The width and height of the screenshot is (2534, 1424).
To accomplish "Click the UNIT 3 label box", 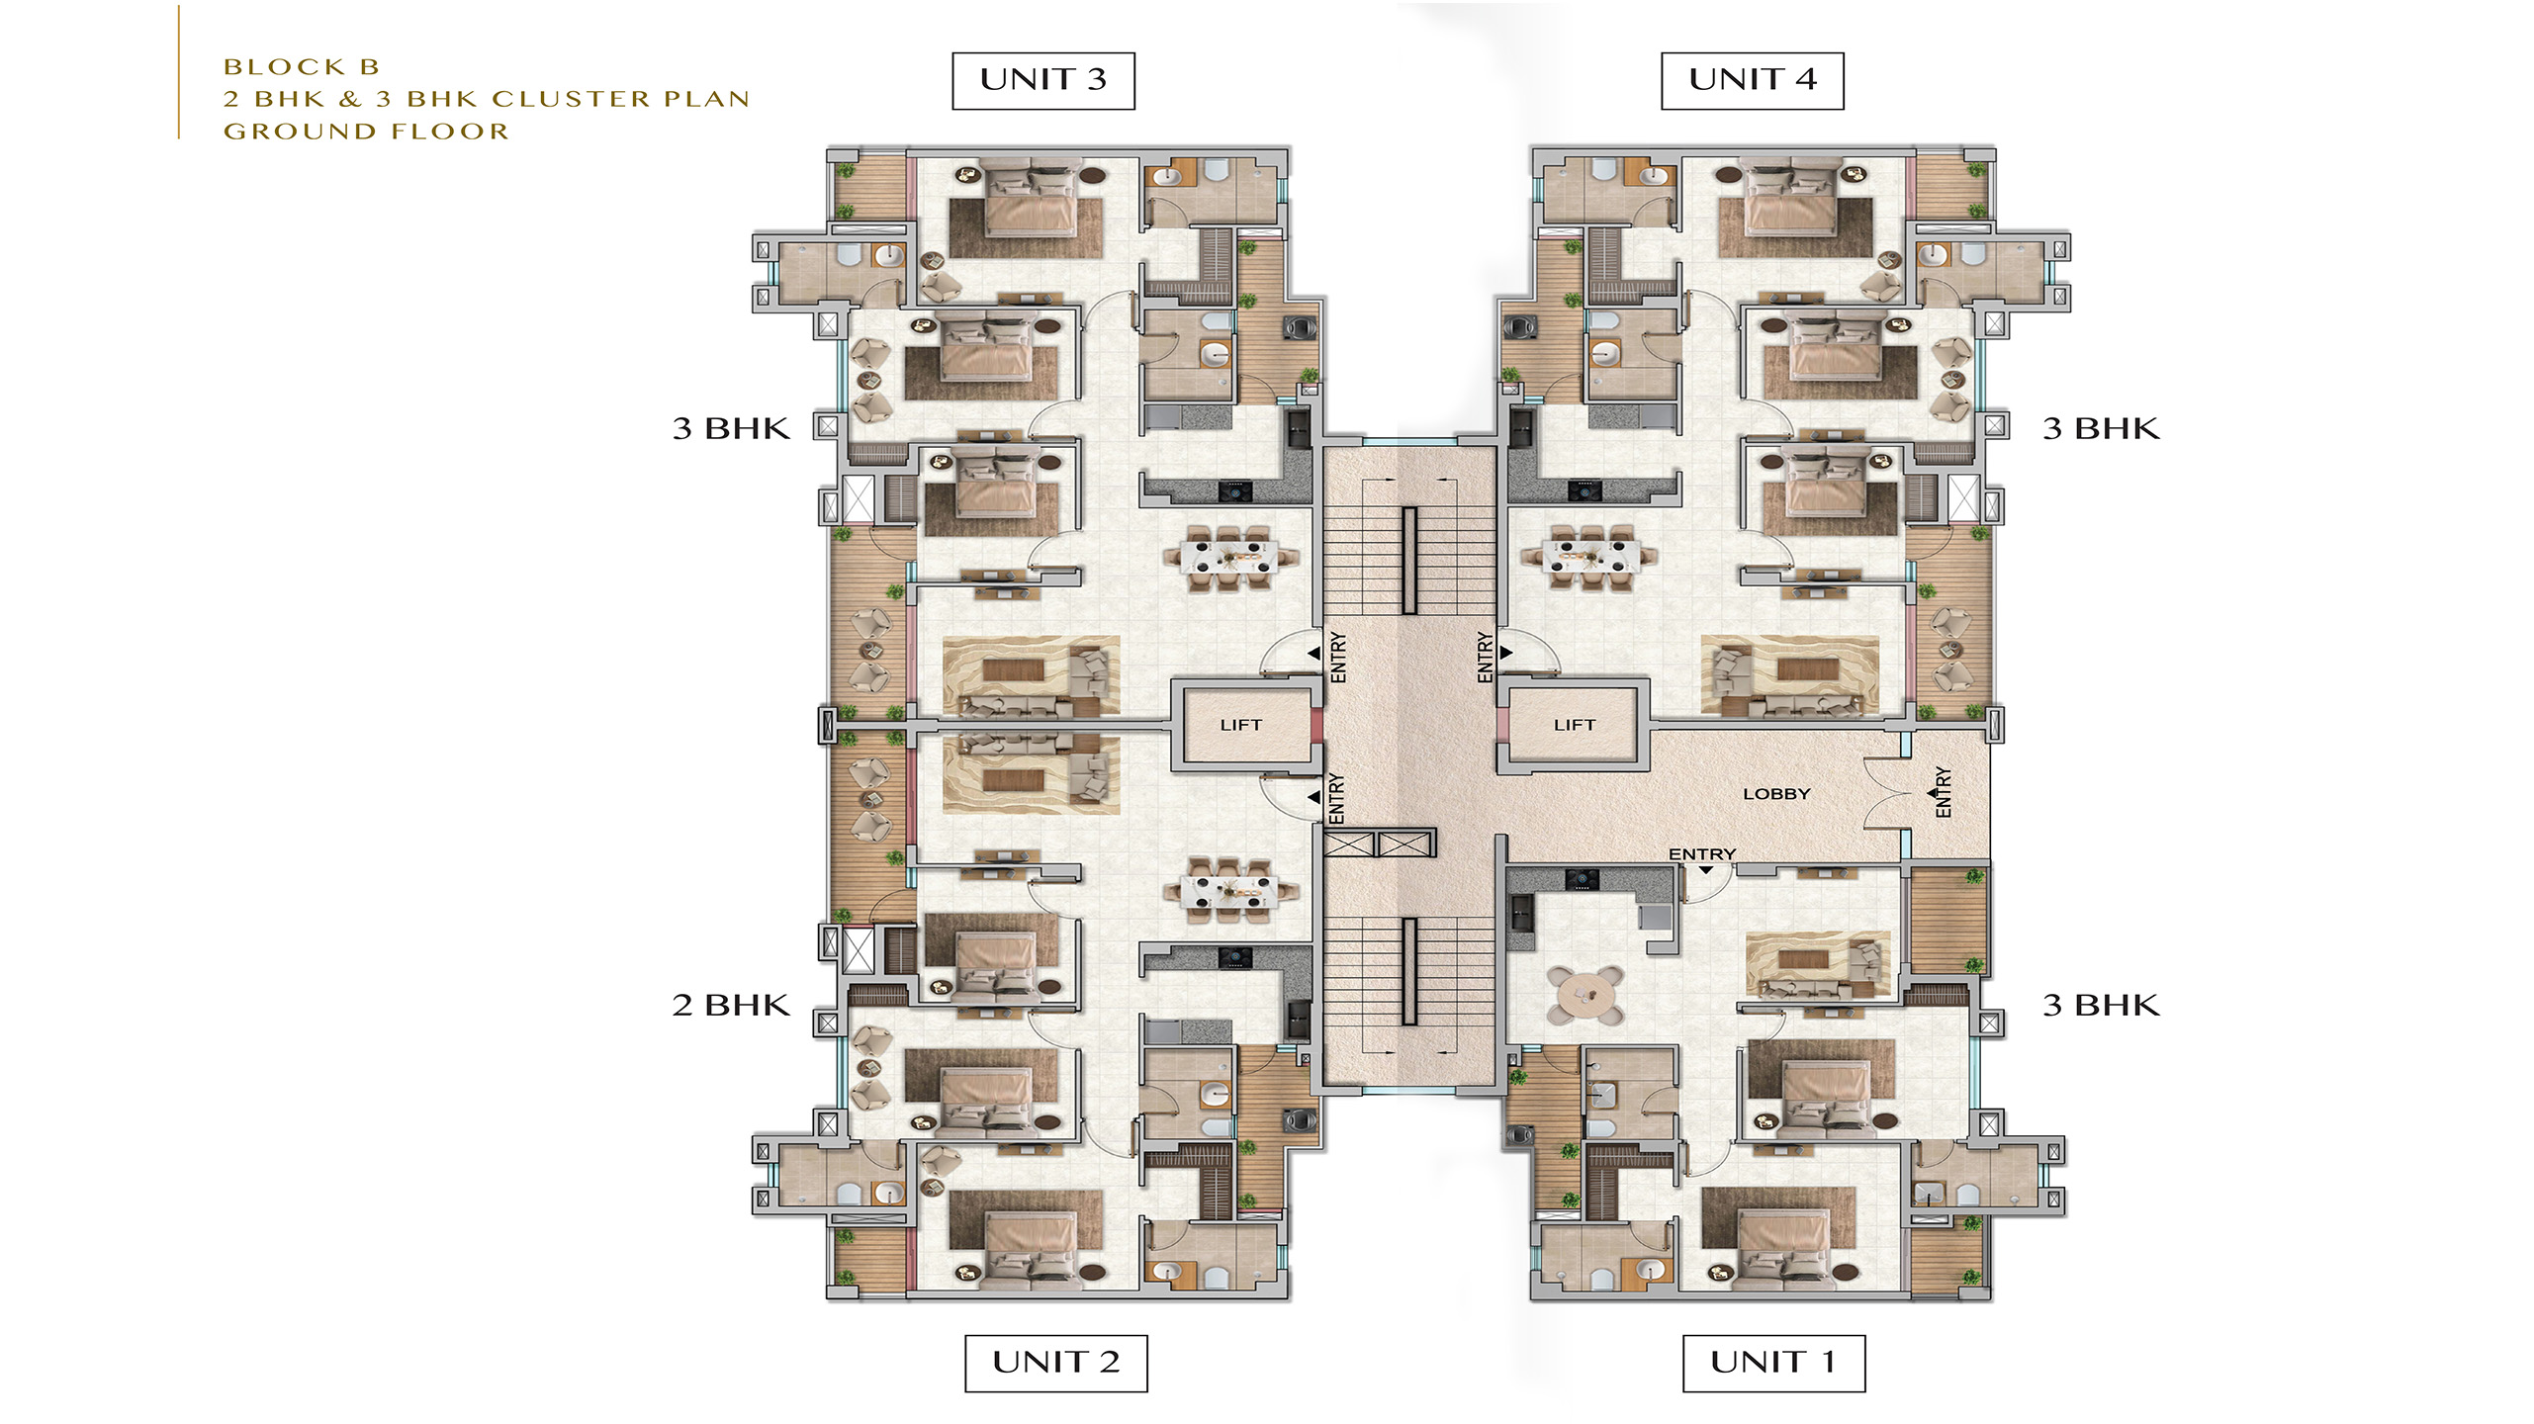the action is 1042,81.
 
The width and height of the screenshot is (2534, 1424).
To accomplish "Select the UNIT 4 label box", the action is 1752,81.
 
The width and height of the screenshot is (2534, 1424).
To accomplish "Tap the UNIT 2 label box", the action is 1055,1363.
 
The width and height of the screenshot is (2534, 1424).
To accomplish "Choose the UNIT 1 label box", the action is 1773,1363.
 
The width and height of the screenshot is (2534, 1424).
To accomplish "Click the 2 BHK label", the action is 731,1006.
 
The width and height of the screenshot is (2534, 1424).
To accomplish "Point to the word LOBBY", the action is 1776,794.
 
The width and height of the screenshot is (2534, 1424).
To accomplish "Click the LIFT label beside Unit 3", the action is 1240,725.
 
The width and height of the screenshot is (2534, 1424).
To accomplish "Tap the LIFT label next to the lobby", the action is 1575,725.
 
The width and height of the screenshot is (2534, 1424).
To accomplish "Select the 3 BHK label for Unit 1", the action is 2101,1006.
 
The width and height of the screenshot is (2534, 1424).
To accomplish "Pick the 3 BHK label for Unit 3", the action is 731,429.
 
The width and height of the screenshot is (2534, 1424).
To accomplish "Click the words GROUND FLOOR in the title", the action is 366,132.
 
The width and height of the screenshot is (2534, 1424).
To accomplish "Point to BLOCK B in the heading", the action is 302,67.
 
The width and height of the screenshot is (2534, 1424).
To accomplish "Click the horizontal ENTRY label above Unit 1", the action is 1701,854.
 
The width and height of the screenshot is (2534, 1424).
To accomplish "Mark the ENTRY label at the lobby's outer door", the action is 1943,792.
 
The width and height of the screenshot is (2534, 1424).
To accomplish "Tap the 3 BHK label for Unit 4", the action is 2101,429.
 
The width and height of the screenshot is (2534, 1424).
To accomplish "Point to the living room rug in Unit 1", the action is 1818,964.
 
